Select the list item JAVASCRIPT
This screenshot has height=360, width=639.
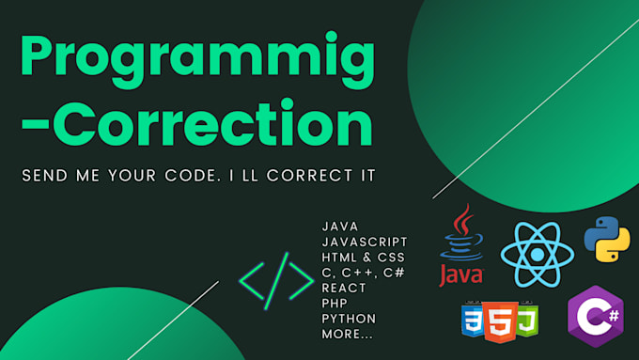[x=365, y=242]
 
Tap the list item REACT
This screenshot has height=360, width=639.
[x=344, y=288]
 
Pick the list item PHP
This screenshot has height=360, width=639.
[x=335, y=304]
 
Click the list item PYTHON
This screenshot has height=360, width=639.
[x=349, y=319]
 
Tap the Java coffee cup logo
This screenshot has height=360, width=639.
[x=460, y=247]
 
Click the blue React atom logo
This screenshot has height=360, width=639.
[x=537, y=254]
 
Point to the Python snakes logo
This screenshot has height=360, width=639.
[x=606, y=239]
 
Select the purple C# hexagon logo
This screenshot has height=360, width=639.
[x=595, y=314]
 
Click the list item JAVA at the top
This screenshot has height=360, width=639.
[x=339, y=227]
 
